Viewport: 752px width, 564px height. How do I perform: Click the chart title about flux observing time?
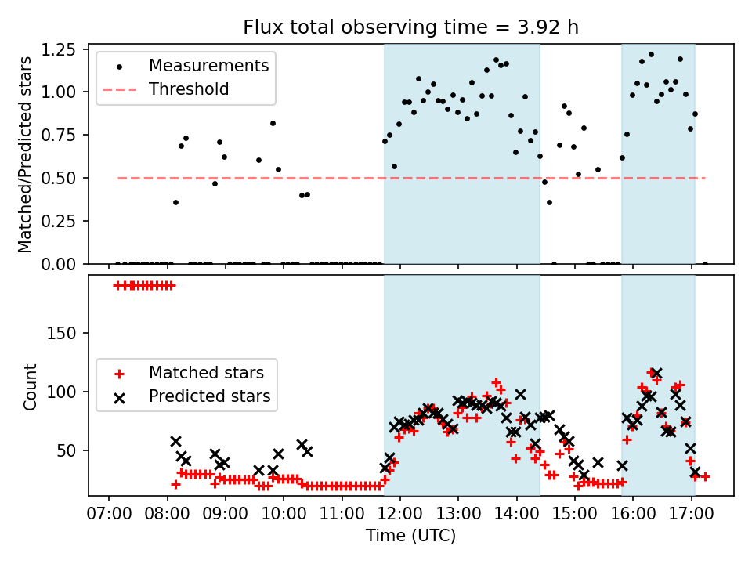coord(411,27)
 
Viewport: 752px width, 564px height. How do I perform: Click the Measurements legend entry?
coord(208,65)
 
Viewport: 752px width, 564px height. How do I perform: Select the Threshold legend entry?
coord(189,89)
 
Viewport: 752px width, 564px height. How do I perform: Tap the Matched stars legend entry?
coord(206,372)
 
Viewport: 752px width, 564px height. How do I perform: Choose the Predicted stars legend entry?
coord(210,396)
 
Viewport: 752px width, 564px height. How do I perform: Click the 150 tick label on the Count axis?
coord(67,333)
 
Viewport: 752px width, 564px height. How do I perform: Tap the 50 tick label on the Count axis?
coord(70,450)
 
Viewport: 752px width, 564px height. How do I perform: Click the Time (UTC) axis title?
coord(411,537)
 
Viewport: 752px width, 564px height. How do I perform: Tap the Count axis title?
coord(30,386)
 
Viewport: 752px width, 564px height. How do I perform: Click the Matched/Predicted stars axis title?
coord(25,154)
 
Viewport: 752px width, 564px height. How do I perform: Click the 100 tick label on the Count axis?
coord(67,392)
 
